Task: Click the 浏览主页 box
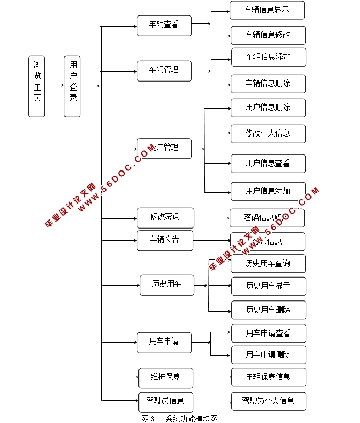(36, 86)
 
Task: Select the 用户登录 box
(72, 86)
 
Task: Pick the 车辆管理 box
(164, 70)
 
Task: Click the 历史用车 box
(167, 284)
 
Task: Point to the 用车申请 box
(164, 342)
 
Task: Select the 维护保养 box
(166, 378)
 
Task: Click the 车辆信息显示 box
(267, 10)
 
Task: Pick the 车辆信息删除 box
(268, 84)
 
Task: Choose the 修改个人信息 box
(268, 134)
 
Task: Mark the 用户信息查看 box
(268, 164)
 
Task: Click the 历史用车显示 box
(268, 286)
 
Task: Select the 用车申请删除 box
(268, 355)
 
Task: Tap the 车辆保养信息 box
(268, 377)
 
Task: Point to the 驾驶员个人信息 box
(268, 401)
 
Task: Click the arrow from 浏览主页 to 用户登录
(54, 86)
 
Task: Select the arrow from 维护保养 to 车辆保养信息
(212, 377)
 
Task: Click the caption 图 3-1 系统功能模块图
(179, 419)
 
